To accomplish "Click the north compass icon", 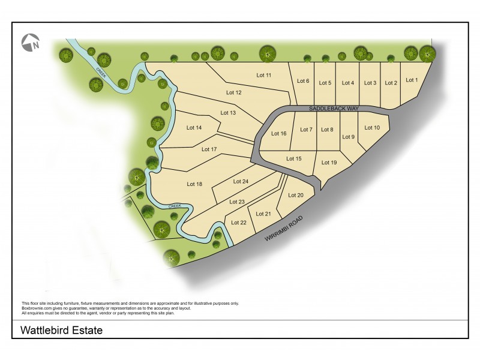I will tap(31, 42).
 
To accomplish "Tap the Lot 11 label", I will tap(265, 75).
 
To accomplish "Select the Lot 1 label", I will tap(411, 80).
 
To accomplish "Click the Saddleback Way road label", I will tap(334, 109).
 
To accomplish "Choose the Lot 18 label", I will tap(194, 184).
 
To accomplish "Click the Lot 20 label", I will tap(296, 195).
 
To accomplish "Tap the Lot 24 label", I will tap(241, 182).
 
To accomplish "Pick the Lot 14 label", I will tap(194, 127).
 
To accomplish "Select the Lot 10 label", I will tap(373, 128).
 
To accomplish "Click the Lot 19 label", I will tap(329, 163).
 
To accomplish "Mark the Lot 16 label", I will tap(279, 133).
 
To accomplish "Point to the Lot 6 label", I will tap(304, 81).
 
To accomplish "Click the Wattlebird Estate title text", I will tap(62, 330).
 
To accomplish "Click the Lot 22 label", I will tap(239, 223).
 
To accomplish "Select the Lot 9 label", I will tap(349, 137).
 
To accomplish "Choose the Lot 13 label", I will tap(229, 113).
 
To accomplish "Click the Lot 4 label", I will tap(348, 83).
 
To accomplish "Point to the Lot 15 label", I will tap(294, 158).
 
